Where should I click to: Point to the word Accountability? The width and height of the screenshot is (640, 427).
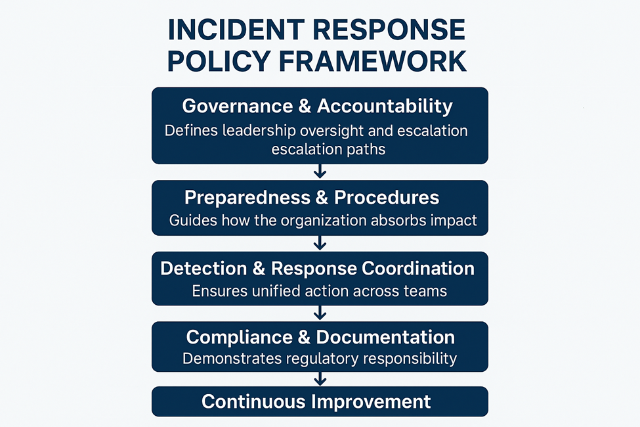click(x=385, y=106)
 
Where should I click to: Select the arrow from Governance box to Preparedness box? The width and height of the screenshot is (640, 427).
click(x=320, y=171)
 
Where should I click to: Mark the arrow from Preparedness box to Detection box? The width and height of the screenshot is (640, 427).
click(x=320, y=243)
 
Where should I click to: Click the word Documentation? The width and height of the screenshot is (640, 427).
click(x=385, y=337)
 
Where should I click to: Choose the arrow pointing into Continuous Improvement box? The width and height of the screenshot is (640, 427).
click(x=320, y=379)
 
